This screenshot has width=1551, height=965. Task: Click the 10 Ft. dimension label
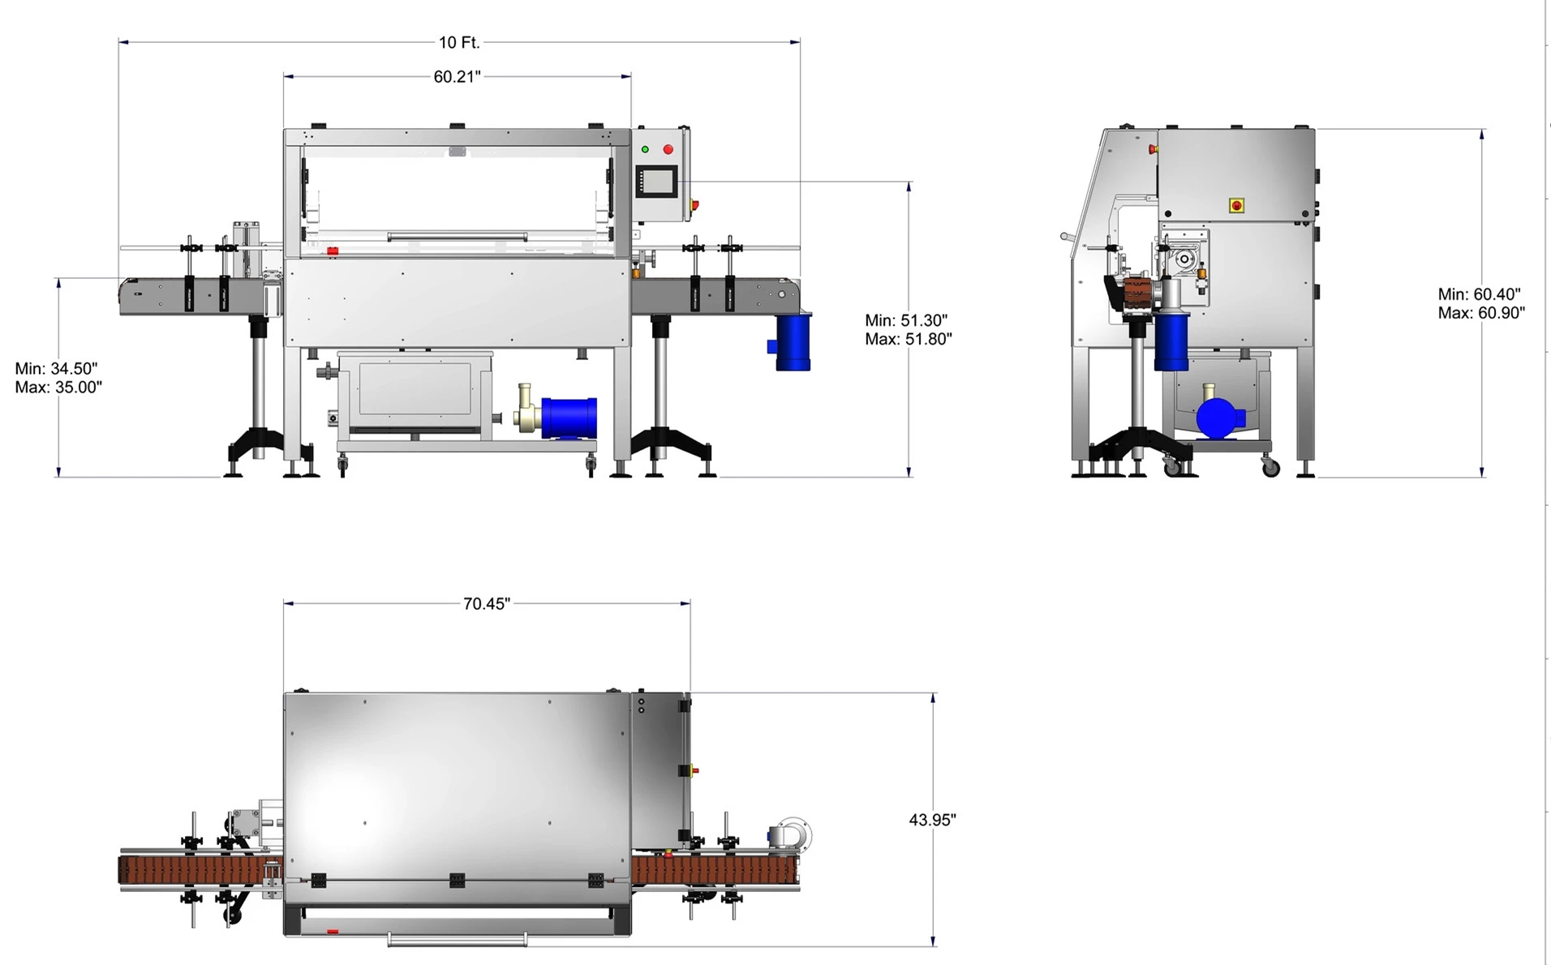click(x=459, y=42)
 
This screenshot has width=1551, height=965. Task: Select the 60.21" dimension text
click(x=457, y=76)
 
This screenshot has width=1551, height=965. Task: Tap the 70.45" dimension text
click(x=487, y=603)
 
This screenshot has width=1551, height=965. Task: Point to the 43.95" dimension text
click(x=932, y=820)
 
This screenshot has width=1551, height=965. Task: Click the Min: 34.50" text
click(x=56, y=369)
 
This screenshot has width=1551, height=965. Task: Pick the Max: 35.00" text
click(x=58, y=388)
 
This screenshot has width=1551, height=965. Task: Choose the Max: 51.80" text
click(x=909, y=339)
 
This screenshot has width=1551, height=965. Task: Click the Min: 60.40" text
click(x=1480, y=294)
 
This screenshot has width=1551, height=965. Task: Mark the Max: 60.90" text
click(x=1482, y=312)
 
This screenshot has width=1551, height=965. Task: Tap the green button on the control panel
click(x=645, y=149)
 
